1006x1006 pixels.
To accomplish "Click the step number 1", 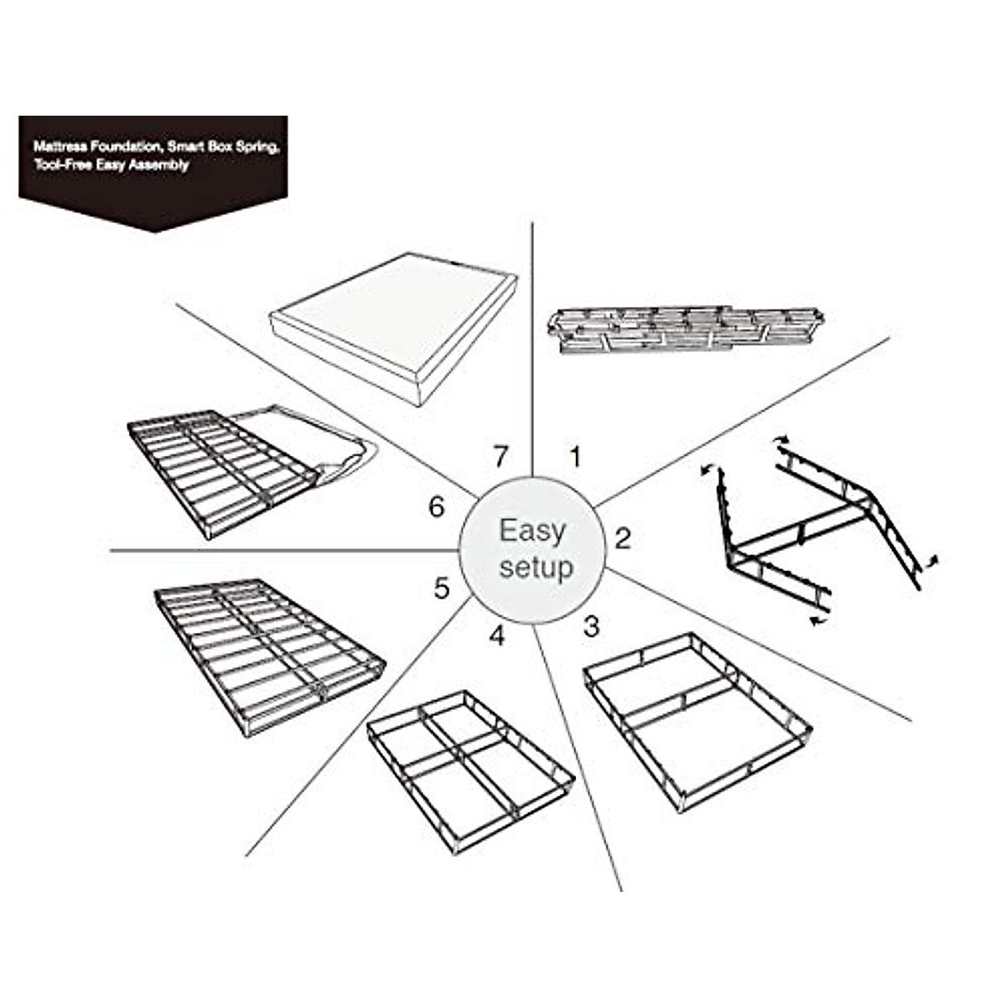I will tap(575, 457).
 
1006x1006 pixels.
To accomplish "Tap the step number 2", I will tap(622, 537).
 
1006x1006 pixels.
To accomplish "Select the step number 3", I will tap(592, 625).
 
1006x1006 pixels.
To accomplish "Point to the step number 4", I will tap(497, 636).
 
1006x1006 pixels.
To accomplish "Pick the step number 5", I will tap(442, 589).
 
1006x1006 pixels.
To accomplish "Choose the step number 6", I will tap(435, 507).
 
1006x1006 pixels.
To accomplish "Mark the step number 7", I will tap(500, 457).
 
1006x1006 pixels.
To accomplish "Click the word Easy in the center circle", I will tap(533, 531).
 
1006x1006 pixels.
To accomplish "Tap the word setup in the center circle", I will tap(537, 568).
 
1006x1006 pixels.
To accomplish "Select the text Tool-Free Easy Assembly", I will tap(111, 165).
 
